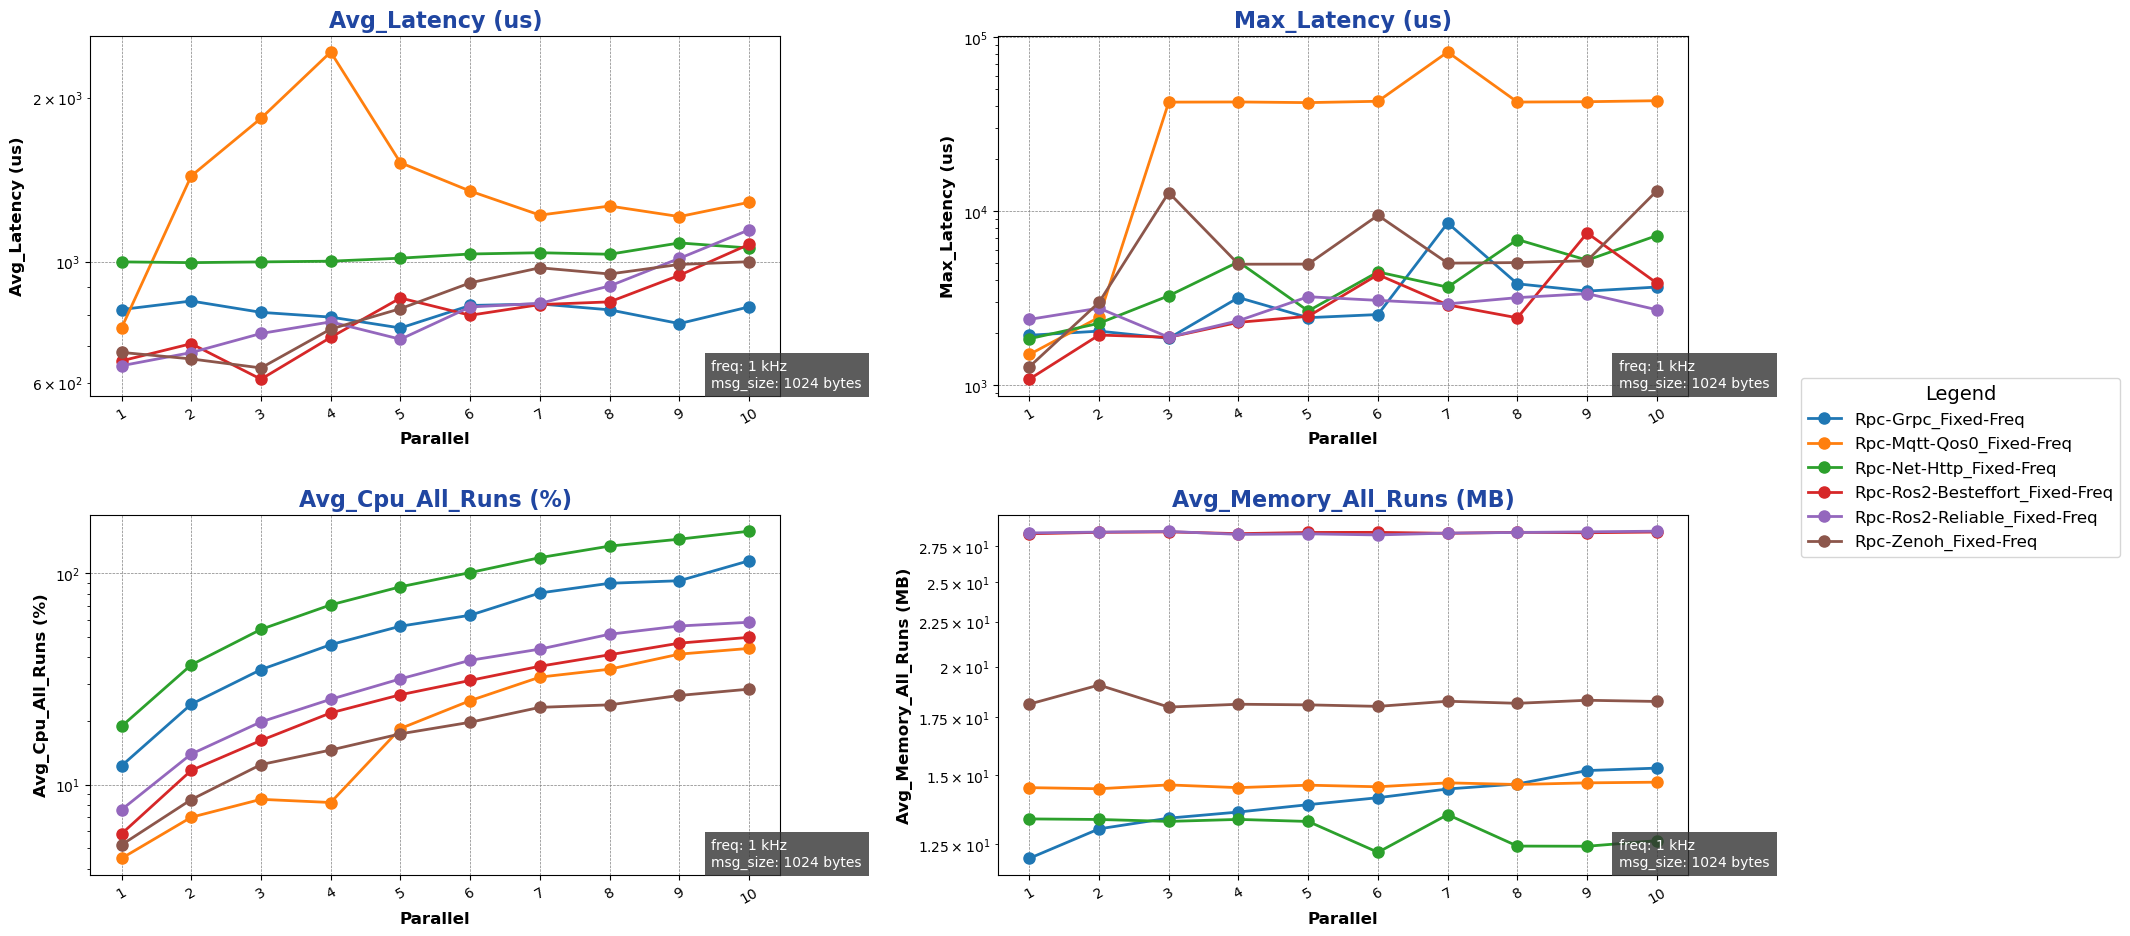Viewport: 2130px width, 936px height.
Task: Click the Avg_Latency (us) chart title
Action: tap(435, 20)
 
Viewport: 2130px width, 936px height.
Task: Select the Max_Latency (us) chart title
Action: tap(1342, 20)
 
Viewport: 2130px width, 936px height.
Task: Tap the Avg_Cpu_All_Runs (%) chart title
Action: tap(435, 499)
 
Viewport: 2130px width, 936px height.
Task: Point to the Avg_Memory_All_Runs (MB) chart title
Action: tap(1342, 499)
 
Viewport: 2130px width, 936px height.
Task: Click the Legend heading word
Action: tap(1960, 394)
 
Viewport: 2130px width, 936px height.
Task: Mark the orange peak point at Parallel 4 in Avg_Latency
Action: tap(331, 52)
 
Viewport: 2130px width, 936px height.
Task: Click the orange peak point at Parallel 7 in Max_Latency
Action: tap(1448, 52)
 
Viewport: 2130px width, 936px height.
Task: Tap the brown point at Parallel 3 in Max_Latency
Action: tap(1169, 193)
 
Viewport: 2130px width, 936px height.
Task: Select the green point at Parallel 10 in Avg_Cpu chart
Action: tap(749, 531)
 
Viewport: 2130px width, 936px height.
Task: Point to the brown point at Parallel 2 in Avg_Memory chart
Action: tap(1099, 685)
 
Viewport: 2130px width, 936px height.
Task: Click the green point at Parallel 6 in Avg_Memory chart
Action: tap(1378, 852)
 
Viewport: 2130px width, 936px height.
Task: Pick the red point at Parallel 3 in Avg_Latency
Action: tap(261, 379)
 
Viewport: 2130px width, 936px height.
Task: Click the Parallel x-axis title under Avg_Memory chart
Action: tap(1342, 918)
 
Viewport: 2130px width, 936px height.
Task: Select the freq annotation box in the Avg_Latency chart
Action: tap(786, 375)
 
